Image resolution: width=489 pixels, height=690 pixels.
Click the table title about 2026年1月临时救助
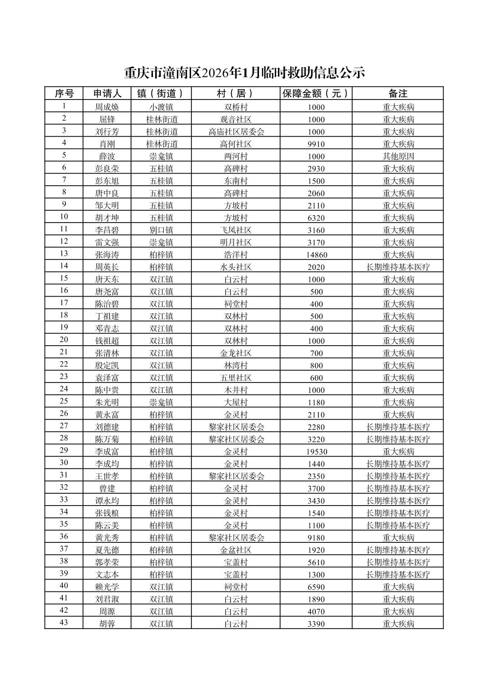click(244, 73)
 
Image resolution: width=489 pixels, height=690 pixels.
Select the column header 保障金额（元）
click(316, 94)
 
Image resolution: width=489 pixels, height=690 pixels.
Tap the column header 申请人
click(107, 94)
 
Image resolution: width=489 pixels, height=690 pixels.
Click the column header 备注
click(398, 94)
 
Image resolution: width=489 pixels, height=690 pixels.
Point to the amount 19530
click(316, 452)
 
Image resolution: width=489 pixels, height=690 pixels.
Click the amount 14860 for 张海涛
click(316, 255)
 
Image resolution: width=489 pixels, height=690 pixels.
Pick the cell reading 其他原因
click(398, 156)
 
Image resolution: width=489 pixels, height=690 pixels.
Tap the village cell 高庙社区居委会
click(236, 132)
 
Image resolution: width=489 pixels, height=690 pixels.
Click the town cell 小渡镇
click(161, 107)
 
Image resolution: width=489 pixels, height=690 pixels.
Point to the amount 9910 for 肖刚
click(316, 144)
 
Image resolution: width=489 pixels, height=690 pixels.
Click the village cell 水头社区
click(236, 267)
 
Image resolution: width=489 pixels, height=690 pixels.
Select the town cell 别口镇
click(161, 230)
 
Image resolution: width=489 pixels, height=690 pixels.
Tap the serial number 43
click(64, 622)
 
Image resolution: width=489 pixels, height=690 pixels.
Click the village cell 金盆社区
click(236, 550)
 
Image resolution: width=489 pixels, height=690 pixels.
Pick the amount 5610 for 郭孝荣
click(316, 562)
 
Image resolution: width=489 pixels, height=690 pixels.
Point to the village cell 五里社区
click(236, 378)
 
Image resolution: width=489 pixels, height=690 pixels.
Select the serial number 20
click(64, 340)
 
